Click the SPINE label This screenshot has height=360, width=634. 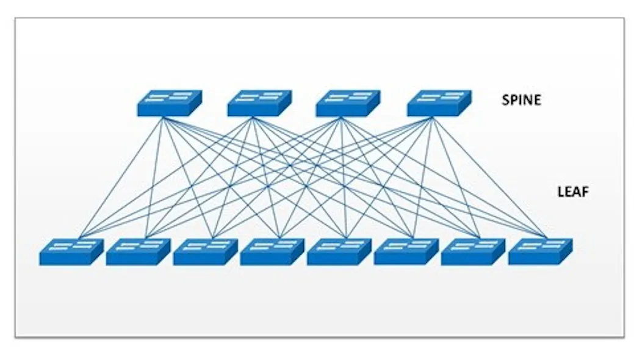[521, 100]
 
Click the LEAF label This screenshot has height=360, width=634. [573, 192]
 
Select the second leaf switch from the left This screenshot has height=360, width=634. [138, 251]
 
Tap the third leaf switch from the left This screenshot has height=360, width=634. [205, 251]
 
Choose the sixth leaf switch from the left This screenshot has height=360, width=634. [406, 251]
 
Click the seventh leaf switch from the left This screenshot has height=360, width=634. [473, 251]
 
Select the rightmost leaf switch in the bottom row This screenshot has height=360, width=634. [540, 251]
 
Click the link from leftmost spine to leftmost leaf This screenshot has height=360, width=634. [121, 177]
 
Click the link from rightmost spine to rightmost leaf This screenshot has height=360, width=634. [488, 177]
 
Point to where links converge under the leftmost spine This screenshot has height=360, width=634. [162, 118]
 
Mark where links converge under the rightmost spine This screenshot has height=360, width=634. [431, 118]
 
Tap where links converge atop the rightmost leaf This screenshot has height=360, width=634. [546, 236]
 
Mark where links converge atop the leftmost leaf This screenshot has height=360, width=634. [79, 236]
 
